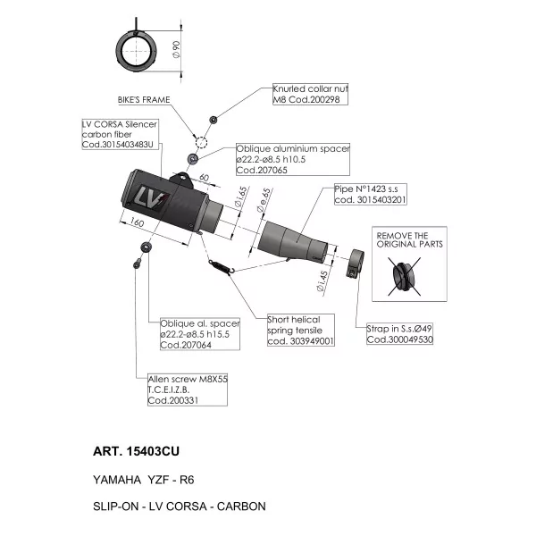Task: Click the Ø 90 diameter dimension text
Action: point(176,50)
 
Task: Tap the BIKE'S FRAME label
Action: point(144,100)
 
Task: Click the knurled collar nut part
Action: point(213,120)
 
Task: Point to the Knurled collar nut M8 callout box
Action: point(310,94)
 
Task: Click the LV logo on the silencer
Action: point(153,197)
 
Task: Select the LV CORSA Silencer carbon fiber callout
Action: point(121,134)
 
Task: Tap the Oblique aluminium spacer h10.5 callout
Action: point(293,159)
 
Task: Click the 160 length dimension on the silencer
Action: point(137,222)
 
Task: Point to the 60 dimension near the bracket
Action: point(204,178)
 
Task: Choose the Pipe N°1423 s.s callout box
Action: point(371,194)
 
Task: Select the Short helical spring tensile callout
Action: point(301,331)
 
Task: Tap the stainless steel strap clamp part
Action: point(356,263)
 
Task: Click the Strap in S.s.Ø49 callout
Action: point(399,333)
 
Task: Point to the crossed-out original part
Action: point(404,275)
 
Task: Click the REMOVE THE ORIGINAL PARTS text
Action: point(409,240)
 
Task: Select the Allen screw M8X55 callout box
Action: point(188,389)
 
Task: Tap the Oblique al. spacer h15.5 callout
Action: point(200,334)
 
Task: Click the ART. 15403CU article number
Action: point(136,451)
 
